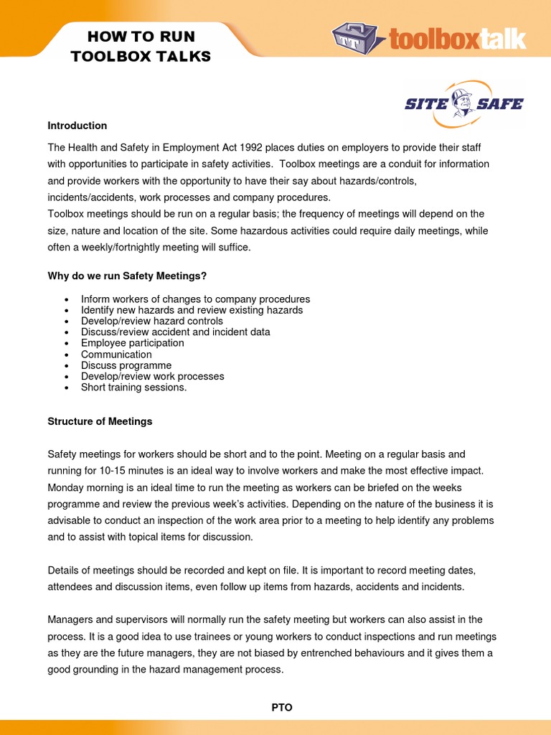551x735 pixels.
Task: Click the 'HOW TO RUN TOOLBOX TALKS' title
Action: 141,47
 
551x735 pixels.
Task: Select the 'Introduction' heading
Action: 77,126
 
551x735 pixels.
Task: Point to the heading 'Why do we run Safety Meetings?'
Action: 127,276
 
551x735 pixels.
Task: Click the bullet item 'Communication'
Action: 116,355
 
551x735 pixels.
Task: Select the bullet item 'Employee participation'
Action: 132,343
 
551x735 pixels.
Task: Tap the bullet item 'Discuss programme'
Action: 126,365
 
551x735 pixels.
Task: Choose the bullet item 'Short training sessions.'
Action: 133,388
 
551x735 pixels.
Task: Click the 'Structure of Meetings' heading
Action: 100,421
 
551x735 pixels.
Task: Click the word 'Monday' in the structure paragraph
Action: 66,487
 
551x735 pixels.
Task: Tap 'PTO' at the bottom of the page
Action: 282,708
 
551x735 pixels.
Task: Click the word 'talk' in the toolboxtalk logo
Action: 502,38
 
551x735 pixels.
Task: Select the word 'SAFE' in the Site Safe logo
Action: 501,104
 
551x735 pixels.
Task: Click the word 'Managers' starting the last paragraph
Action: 70,619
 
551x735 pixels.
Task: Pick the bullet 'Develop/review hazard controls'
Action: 152,322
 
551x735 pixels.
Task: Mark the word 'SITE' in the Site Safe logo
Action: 426,104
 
